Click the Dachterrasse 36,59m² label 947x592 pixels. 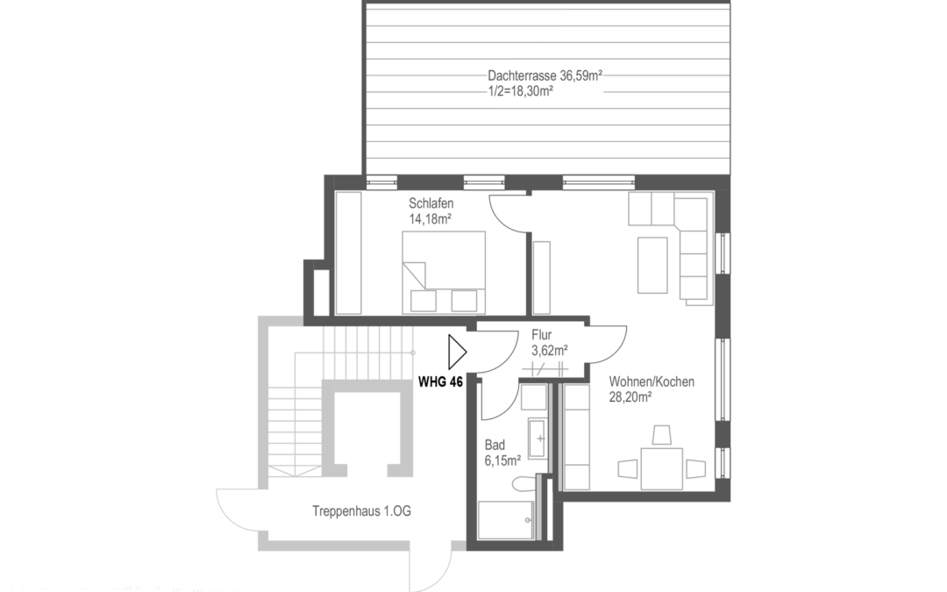tap(545, 76)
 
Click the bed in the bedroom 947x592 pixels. tap(444, 271)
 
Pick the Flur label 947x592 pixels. tap(542, 335)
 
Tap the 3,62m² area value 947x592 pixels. tap(549, 350)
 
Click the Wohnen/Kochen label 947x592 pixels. tap(652, 382)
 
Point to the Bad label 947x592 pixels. tap(494, 444)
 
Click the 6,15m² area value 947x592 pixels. tap(502, 459)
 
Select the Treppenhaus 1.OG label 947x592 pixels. tap(361, 511)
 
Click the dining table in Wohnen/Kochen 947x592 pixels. tap(661, 468)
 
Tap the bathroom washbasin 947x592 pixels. tap(538, 437)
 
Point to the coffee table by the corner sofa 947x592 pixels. tap(652, 264)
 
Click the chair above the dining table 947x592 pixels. tap(662, 435)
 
